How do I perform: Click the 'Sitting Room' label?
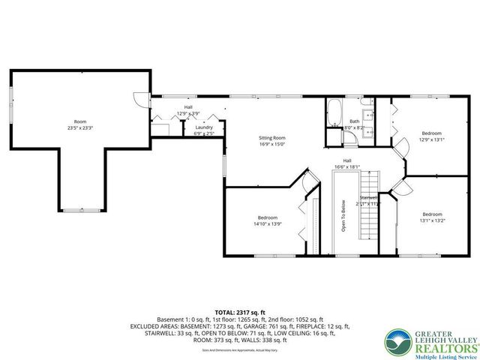pyautogui.click(x=272, y=138)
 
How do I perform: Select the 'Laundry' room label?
pyautogui.click(x=204, y=127)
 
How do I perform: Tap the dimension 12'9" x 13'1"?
pyautogui.click(x=431, y=138)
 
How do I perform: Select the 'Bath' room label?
pyautogui.click(x=354, y=121)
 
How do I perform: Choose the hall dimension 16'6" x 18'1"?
pyautogui.click(x=348, y=167)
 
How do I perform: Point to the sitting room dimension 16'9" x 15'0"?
pyautogui.click(x=272, y=145)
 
